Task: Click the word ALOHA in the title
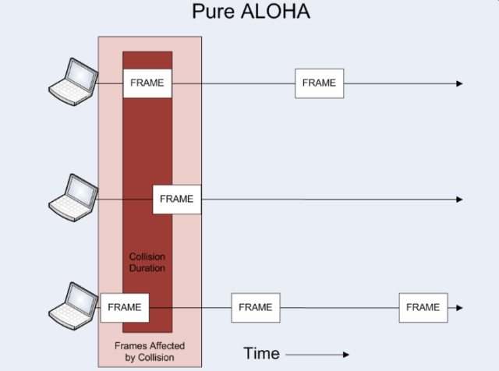275,12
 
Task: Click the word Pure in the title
213,12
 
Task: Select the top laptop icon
73,82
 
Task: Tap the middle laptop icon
73,198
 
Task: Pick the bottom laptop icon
73,306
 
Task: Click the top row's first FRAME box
147,83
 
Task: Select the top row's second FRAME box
319,83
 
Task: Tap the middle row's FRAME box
177,200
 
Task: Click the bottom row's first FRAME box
125,308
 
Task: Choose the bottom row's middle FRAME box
256,308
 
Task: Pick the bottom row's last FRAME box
423,308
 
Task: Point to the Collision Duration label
147,263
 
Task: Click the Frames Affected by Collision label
150,352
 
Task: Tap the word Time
262,354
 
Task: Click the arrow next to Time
317,355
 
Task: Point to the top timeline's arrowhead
459,83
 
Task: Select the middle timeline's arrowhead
459,200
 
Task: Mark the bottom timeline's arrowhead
459,308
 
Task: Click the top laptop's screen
81,75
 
